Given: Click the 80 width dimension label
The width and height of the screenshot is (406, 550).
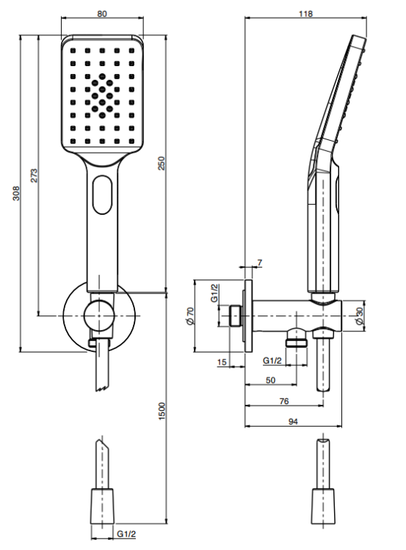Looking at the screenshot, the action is coord(102,14).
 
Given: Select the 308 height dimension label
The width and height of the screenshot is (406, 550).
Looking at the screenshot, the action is coord(16,194).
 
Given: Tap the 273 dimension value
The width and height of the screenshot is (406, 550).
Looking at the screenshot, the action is coord(34,176).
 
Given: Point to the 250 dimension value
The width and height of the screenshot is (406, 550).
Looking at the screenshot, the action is coord(161,164).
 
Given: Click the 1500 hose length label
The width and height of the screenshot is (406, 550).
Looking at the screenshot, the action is coord(162,411).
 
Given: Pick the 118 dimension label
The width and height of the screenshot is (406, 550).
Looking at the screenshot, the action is coord(305,14).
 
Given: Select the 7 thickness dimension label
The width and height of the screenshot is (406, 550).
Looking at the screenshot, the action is coord(260,263).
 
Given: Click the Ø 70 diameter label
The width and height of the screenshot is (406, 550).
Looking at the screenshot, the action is coord(190,316).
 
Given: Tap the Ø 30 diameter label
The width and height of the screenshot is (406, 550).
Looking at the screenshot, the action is coord(358,316).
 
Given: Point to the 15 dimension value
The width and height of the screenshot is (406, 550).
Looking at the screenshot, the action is coord(222,362).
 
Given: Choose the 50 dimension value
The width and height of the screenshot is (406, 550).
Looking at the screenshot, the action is coord(270,380).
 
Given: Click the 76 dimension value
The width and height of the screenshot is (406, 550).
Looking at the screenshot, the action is coord(284,401).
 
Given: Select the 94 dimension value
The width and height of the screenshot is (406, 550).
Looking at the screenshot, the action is coord(293,422).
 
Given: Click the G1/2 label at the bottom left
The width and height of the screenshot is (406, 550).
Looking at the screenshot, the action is coord(126,534).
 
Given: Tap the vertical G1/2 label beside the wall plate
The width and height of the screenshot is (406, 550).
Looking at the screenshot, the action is coord(214,293).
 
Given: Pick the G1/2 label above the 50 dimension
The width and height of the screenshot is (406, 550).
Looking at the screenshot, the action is coord(272,361).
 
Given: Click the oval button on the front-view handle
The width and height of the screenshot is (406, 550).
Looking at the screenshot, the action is coord(102,194).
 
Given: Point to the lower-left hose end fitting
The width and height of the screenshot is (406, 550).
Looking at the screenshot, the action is coord(102,506).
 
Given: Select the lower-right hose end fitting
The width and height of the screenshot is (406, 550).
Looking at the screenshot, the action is coord(323,506).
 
